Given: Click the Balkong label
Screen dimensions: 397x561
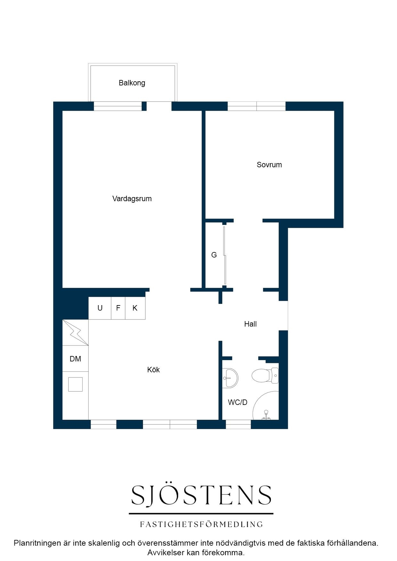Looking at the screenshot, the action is (132, 83).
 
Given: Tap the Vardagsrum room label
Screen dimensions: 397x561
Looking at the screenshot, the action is (132, 199).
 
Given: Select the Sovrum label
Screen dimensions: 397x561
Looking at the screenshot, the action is (269, 165).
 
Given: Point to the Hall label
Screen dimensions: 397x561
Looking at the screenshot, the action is (250, 324).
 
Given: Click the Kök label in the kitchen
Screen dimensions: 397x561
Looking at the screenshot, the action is (153, 370).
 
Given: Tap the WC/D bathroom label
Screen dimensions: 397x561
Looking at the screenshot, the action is (238, 402).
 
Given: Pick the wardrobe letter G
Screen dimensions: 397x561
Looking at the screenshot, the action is (214, 255).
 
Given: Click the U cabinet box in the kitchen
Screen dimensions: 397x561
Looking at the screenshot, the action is (100, 308).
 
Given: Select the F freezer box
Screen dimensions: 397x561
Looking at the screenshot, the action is (118, 308).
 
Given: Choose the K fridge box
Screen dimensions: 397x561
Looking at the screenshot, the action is (135, 308).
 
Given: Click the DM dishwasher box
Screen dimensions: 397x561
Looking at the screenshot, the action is (75, 359).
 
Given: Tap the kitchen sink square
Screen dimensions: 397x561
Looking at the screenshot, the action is (75, 384).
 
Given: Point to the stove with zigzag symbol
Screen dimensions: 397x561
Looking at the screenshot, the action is (75, 332).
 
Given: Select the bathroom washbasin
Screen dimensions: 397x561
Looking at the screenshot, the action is (230, 378).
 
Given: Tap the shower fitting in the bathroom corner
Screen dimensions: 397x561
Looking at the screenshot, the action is (266, 415).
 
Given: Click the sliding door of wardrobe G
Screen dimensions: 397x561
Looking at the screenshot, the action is (225, 255).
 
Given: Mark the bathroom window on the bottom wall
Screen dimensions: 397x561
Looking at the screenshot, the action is (238, 424).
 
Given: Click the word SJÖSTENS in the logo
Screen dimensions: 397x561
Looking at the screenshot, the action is (201, 495).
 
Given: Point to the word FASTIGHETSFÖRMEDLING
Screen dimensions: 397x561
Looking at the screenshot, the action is (201, 524).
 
